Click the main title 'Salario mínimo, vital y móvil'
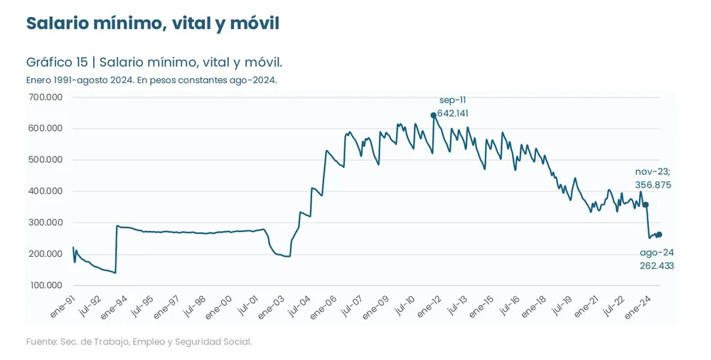[152, 23]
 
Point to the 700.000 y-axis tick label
[45, 97]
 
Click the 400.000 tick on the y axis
[45, 191]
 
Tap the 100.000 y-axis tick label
[45, 285]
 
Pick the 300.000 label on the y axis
[45, 223]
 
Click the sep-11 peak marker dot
[434, 115]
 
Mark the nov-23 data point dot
[646, 205]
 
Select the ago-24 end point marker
[659, 235]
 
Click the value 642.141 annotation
[453, 113]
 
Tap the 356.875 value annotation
[653, 185]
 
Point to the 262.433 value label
[656, 266]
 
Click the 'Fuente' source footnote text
[139, 342]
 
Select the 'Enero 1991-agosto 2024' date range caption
[151, 80]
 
